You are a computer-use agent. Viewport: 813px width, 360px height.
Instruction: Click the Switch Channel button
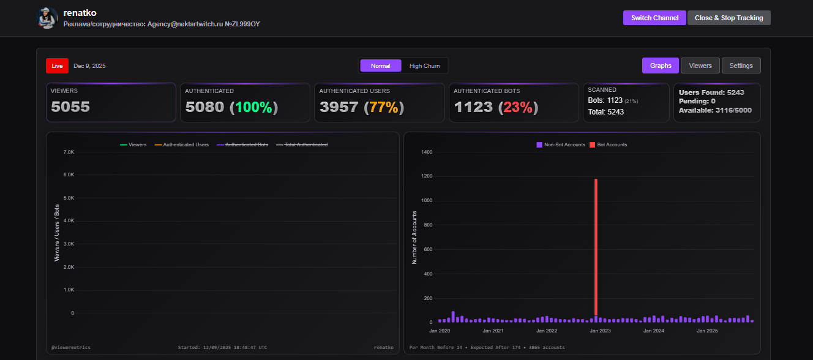654,18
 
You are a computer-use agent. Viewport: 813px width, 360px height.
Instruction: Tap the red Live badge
57,66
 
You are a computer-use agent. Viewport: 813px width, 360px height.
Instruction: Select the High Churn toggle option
424,66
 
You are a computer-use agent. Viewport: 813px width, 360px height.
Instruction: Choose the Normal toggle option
380,66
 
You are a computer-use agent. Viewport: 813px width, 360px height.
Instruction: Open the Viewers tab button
700,66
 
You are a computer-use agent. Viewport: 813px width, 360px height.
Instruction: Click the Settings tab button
741,66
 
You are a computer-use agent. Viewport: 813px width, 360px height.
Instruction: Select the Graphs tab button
661,66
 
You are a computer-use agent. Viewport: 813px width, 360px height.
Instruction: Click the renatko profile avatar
47,18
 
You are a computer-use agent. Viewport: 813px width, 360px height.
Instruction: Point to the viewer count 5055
70,107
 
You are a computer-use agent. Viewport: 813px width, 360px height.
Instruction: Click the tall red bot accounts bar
596,245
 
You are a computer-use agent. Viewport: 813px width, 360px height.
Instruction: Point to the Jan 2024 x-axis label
654,331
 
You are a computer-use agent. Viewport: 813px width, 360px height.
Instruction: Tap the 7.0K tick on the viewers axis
68,152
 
